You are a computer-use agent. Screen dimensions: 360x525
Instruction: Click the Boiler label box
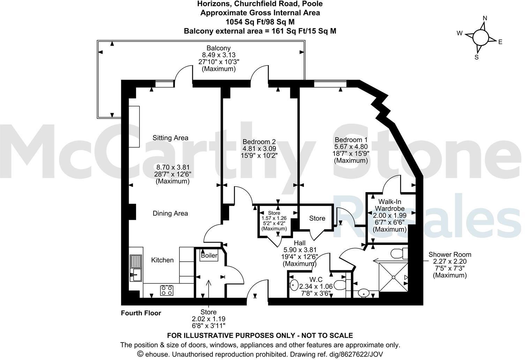coord(209,255)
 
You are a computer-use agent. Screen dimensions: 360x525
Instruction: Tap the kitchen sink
coord(136,268)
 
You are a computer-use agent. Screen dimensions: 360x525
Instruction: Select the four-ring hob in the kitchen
coord(167,290)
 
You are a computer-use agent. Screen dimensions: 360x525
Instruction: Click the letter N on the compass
coord(485,18)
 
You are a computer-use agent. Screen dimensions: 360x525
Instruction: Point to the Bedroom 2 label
coord(259,142)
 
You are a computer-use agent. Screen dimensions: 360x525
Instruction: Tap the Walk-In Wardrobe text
coord(390,205)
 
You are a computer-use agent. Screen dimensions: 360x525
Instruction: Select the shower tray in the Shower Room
coord(393,278)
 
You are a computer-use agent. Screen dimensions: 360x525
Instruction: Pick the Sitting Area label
coord(170,138)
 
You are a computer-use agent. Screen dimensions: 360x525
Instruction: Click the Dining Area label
coord(170,213)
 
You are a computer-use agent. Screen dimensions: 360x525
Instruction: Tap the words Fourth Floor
coord(141,313)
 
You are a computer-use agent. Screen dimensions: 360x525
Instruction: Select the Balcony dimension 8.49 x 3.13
coord(219,55)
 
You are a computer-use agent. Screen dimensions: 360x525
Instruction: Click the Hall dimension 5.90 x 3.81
coord(300,250)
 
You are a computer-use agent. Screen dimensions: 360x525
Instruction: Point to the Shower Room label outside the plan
coord(450,255)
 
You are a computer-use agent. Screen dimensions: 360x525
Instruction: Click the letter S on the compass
coord(476,58)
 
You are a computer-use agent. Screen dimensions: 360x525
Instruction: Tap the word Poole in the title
coord(312,4)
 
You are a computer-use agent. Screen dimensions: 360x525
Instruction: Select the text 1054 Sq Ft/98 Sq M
coord(260,22)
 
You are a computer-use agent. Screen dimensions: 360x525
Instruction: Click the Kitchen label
coord(162,260)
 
